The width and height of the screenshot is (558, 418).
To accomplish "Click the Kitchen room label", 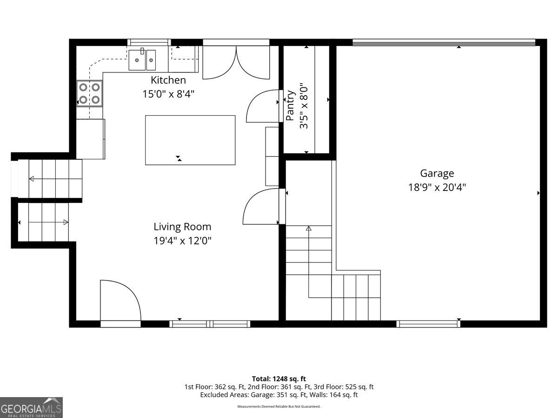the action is [168, 80].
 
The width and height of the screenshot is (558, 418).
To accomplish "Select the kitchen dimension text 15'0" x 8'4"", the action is [168, 94].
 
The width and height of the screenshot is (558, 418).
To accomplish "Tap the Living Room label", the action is [182, 227].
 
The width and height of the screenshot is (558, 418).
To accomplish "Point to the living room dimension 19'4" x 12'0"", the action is [182, 241].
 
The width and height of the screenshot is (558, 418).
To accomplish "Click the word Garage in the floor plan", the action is [437, 174].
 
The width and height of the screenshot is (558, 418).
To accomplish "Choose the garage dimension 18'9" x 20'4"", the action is [437, 188].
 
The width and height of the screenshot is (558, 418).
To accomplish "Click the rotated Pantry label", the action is [290, 105].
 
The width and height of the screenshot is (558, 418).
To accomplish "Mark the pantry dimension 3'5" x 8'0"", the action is [304, 106].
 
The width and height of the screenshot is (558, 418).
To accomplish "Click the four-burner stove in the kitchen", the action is [89, 94].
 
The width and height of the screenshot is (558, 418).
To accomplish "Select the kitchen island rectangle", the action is [190, 140].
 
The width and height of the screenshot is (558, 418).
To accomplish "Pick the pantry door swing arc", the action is [263, 106].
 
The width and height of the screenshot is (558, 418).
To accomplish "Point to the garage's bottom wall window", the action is [428, 324].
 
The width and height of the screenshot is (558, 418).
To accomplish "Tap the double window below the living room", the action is [210, 324].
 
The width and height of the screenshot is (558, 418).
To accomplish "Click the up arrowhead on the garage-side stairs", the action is [309, 229].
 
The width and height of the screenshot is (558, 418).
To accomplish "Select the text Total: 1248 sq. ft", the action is [279, 379].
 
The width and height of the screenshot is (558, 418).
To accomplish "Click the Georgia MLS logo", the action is [31, 408].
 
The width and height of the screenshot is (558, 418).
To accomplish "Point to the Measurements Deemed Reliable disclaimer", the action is [279, 406].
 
